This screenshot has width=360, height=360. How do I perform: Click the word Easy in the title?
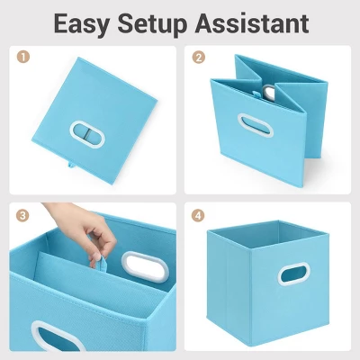[x=81, y=24]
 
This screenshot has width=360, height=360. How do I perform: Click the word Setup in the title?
[x=152, y=24]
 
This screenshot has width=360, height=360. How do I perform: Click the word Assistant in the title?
[x=252, y=23]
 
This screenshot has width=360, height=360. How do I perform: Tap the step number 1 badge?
[x=23, y=57]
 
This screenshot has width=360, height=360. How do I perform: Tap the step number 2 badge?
[x=199, y=57]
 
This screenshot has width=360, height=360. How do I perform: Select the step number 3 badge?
[x=23, y=215]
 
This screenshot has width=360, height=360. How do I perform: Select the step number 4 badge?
[x=199, y=215]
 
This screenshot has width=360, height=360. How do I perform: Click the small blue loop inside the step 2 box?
[x=256, y=94]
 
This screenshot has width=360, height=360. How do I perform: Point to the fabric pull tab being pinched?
[x=101, y=264]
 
